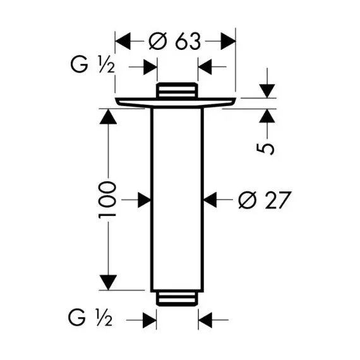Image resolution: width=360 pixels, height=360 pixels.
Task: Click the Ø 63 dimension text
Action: click(175, 41)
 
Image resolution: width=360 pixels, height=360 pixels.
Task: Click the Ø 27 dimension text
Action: click(265, 200)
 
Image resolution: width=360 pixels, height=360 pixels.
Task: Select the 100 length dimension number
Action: click(107, 200)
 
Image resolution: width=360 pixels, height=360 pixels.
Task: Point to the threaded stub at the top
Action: click(177, 90)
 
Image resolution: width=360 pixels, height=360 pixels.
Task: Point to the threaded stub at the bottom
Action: click(177, 299)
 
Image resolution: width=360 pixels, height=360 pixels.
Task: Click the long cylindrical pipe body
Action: click(177, 200)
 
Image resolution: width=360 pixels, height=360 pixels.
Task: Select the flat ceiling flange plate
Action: click(176, 102)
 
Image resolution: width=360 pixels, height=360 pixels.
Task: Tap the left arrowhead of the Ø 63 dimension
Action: click(123, 41)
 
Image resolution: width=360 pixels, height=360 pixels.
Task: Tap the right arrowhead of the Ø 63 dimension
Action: click(228, 41)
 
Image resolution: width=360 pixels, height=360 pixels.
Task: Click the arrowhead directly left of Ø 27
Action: click(210, 200)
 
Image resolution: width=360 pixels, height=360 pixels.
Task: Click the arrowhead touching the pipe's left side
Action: click(144, 200)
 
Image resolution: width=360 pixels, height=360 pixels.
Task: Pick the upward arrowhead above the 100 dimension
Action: click(108, 116)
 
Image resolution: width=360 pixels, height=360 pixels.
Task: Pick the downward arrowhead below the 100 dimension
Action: click(108, 282)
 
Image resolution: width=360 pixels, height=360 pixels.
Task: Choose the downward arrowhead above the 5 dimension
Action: click(267, 91)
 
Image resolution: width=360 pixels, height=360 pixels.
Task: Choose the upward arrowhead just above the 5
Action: click(267, 116)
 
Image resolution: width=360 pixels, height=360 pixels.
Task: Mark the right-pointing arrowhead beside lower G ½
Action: click(150, 320)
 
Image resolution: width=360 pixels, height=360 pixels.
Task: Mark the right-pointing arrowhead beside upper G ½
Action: click(150, 67)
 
